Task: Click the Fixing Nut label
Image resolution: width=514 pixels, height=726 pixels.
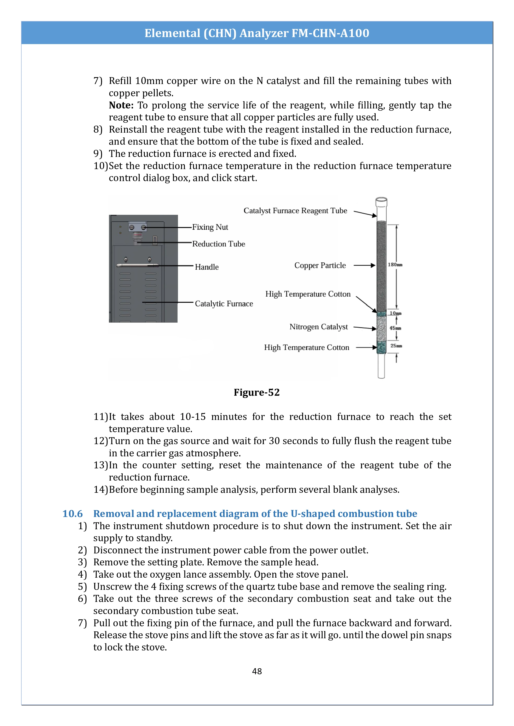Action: (210, 227)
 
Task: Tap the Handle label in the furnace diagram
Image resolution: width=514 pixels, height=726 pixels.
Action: (207, 267)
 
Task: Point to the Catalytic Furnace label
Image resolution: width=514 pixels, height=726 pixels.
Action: (224, 304)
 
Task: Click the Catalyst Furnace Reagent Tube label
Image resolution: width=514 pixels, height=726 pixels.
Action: (295, 211)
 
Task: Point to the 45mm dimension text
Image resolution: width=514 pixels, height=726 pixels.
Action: (395, 328)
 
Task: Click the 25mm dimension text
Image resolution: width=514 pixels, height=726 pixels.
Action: (396, 346)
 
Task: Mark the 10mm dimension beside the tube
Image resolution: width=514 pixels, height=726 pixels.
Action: (395, 313)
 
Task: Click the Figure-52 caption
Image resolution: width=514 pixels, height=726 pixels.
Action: (257, 392)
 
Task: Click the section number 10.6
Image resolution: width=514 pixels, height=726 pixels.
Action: (73, 514)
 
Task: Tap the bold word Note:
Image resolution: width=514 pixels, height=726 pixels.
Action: (121, 105)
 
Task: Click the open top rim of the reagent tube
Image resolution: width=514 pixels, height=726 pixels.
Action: (381, 200)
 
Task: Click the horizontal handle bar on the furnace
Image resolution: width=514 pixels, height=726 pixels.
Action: (137, 265)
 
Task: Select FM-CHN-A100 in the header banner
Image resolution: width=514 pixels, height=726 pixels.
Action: (330, 33)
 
